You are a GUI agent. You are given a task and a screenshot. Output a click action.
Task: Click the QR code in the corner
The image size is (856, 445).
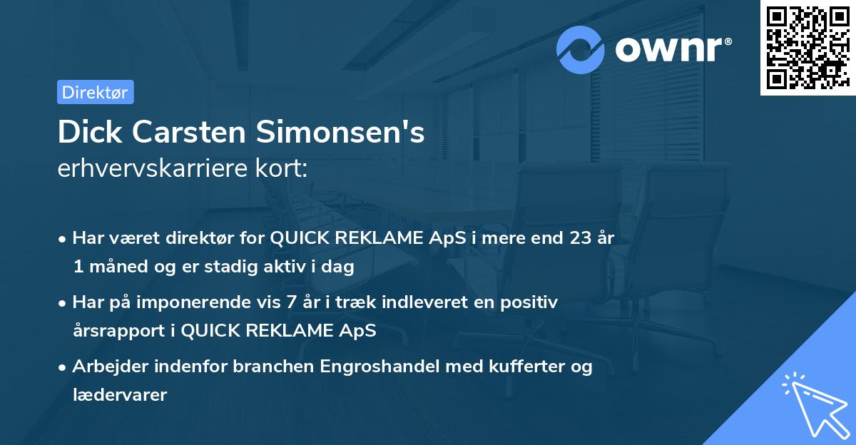(x=807, y=47)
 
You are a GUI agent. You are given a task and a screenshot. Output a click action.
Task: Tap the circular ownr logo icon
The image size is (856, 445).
(x=581, y=49)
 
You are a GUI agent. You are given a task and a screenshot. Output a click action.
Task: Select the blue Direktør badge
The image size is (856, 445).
(x=95, y=92)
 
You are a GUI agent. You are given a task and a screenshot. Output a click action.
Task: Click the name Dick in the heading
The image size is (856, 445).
(x=88, y=132)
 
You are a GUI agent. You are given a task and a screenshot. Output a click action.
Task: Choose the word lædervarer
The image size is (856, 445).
(x=119, y=394)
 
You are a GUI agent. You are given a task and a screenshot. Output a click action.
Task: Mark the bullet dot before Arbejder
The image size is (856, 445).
(x=63, y=367)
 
